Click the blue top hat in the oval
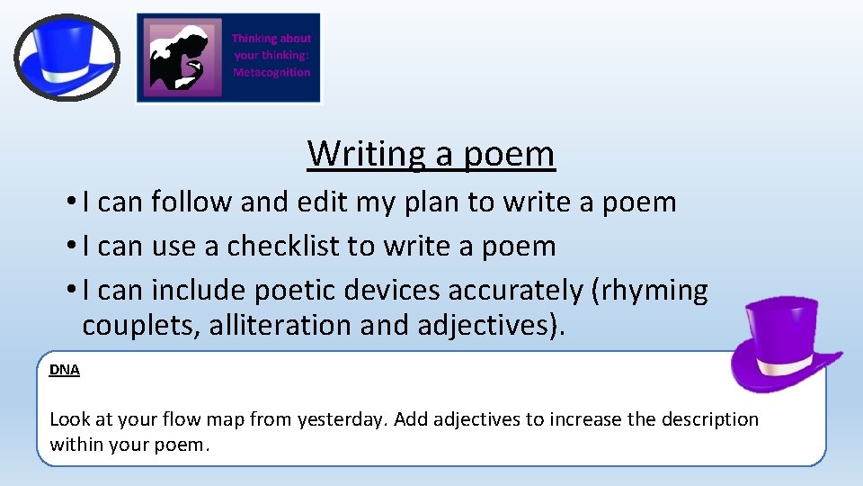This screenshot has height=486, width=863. [x=67, y=56]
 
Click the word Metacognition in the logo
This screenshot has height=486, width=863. [x=271, y=72]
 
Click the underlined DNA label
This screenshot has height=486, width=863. [x=65, y=370]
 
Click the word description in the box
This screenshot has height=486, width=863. [x=709, y=419]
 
